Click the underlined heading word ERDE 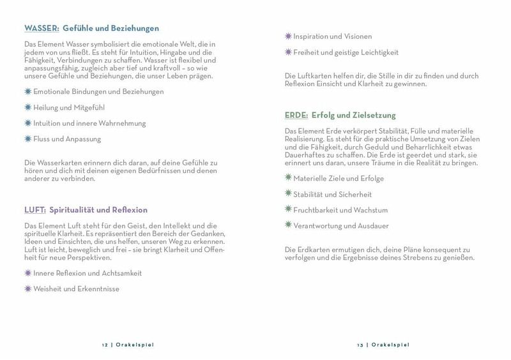coord(297,116)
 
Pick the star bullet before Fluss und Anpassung coord(27,138)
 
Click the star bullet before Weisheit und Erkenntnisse coord(27,289)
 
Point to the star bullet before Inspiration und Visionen coord(288,36)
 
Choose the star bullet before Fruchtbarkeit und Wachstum coord(288,209)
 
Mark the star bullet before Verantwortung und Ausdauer coord(288,225)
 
